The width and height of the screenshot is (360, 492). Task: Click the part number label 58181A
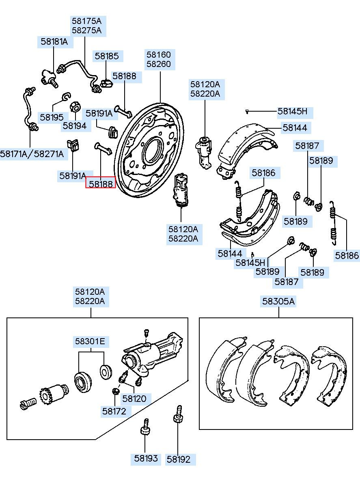point(54,41)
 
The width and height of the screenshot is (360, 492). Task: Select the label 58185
point(107,56)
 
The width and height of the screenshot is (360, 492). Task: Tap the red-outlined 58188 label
point(100,184)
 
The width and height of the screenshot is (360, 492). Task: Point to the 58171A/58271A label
point(32,154)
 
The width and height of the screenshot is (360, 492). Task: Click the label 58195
point(52,117)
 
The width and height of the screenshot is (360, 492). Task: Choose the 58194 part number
point(75,125)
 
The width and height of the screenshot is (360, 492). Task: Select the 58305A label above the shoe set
point(278,301)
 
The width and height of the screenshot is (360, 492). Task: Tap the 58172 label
point(114,411)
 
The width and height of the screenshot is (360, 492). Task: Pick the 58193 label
point(146,459)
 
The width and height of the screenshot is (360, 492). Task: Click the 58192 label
point(179,459)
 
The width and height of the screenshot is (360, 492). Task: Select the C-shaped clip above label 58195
point(66,97)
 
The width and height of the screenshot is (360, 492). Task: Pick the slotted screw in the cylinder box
point(27,404)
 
